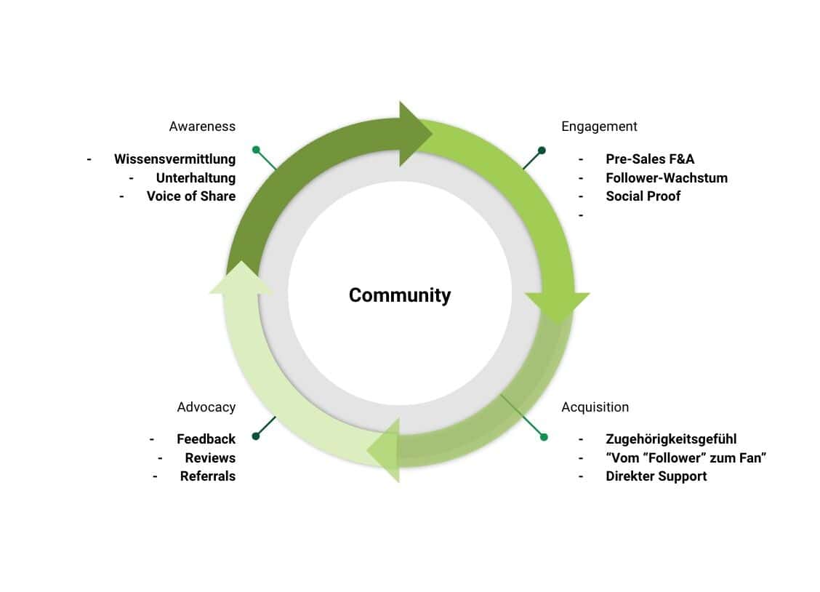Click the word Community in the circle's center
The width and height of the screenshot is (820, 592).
coord(400,295)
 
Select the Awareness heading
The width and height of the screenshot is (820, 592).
coord(202,127)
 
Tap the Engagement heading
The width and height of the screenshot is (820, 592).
coord(599,127)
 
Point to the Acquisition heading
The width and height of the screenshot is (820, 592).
coord(595,407)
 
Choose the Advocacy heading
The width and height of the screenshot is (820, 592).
coord(206,407)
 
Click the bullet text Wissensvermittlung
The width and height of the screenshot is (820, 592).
coord(174,159)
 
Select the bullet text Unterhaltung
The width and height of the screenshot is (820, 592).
coord(196,177)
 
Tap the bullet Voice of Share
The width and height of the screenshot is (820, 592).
coord(190,196)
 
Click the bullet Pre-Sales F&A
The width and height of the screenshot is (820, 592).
coord(650,159)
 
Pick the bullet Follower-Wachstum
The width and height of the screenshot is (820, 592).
coord(666,177)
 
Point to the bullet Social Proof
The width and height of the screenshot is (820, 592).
coord(643,196)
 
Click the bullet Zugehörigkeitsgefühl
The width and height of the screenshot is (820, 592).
coord(671,439)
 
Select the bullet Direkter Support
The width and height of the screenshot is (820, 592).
coord(656,476)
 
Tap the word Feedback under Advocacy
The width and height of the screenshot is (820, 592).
coord(206,439)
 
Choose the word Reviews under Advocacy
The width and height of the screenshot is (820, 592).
coord(210,458)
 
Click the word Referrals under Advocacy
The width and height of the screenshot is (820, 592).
coord(208,476)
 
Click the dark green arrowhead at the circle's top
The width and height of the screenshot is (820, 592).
coord(414,134)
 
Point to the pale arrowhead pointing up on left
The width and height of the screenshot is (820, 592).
coord(241,279)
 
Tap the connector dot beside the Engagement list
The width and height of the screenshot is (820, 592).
coord(542,151)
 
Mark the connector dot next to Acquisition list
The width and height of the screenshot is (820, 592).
coord(544,436)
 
